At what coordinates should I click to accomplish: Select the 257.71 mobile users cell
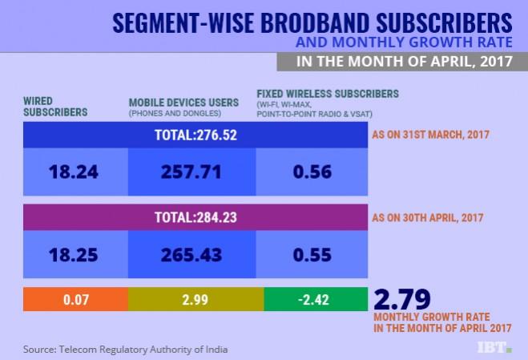pos(191,172)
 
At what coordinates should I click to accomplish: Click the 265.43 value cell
pos(191,255)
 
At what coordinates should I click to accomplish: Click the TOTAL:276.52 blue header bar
pos(195,134)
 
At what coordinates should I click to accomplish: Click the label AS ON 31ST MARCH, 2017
pos(432,135)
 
